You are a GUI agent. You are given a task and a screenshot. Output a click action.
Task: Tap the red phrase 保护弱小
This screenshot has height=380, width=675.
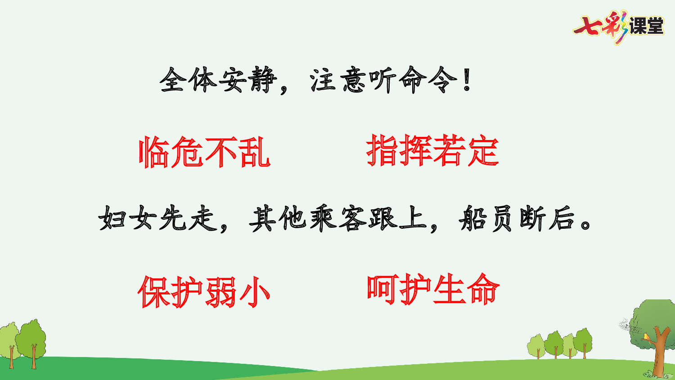[204, 292]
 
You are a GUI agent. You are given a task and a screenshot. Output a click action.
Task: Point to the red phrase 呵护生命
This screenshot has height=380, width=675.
[433, 290]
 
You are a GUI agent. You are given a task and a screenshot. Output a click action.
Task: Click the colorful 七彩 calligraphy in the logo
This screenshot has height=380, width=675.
[601, 27]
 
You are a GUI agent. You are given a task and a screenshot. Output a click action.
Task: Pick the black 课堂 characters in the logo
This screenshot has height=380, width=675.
[646, 26]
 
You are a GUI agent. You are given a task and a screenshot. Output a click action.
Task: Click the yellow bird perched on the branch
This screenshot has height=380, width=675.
[647, 336]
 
